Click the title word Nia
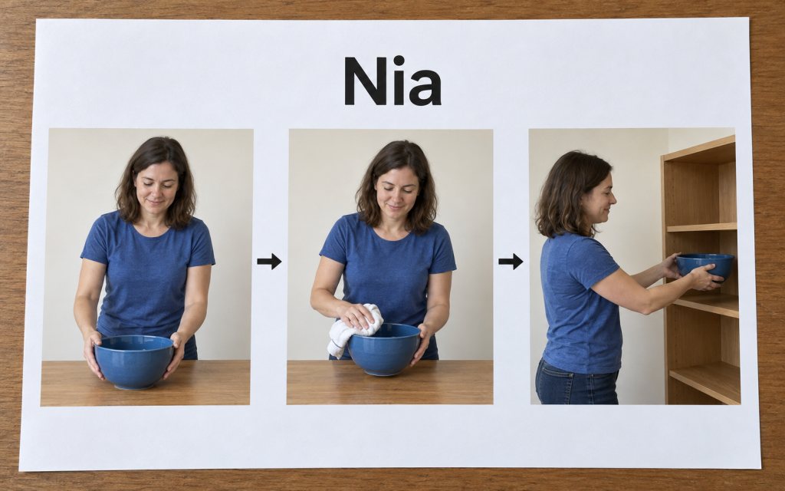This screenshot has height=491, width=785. tap(392, 81)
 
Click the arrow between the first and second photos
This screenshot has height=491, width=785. tap(269, 261)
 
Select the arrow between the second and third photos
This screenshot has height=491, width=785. tap(511, 261)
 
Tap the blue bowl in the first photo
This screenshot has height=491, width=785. tap(134, 362)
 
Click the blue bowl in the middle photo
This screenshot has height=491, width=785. tap(384, 349)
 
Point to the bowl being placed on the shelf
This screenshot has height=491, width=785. tap(705, 266)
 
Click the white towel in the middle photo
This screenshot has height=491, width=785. tap(353, 329)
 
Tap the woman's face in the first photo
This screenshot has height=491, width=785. tap(156, 189)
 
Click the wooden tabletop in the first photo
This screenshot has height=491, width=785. tap(145, 382)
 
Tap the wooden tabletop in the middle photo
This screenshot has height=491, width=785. tap(389, 383)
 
